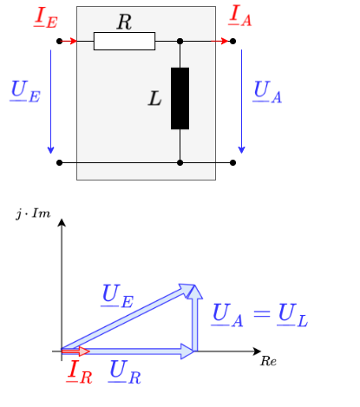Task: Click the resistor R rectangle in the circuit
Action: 124,41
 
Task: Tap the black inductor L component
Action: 180,97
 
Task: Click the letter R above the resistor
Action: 124,23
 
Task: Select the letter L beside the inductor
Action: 155,98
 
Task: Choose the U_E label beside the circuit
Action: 23,90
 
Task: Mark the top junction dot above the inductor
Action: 180,41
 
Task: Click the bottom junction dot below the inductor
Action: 180,162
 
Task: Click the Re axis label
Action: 268,360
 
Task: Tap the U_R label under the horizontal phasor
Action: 125,372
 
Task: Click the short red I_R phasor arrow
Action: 75,351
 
